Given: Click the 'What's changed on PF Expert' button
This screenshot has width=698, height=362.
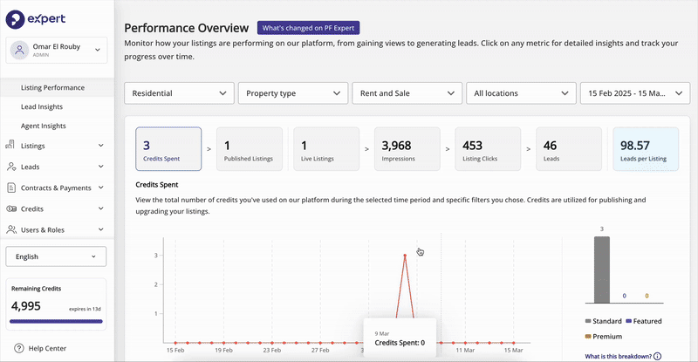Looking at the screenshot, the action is [309, 28].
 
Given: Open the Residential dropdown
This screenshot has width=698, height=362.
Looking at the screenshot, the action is [179, 93].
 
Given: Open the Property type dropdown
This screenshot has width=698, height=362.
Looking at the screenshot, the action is [293, 93].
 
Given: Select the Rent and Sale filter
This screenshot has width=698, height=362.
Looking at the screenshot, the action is [407, 93].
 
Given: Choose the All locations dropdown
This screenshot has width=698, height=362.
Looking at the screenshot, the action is [521, 93].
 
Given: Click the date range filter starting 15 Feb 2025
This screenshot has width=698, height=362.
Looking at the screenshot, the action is [635, 93].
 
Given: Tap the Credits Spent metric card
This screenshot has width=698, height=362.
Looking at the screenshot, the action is [168, 148].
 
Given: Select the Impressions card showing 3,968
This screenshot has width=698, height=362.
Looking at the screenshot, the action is [407, 148].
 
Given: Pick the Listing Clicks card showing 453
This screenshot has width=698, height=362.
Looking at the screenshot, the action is [488, 148].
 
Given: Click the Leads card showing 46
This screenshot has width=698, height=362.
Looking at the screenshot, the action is [569, 148].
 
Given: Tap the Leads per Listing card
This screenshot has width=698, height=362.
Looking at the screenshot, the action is [646, 148].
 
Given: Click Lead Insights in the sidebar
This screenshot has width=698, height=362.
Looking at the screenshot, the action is [42, 107].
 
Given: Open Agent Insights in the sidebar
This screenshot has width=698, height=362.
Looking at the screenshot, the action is [43, 126].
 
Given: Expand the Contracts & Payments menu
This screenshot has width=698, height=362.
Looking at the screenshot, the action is [56, 188].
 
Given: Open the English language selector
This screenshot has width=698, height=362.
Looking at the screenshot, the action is [56, 256].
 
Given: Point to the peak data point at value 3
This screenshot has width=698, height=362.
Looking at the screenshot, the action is [405, 255].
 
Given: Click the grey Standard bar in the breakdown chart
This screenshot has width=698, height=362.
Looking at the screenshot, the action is [602, 270].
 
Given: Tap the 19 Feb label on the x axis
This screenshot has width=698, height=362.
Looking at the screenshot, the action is [223, 351].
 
